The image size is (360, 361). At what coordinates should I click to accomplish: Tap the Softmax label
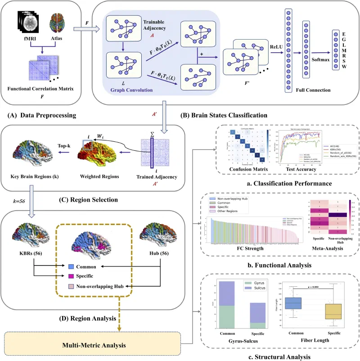coord(320,59)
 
